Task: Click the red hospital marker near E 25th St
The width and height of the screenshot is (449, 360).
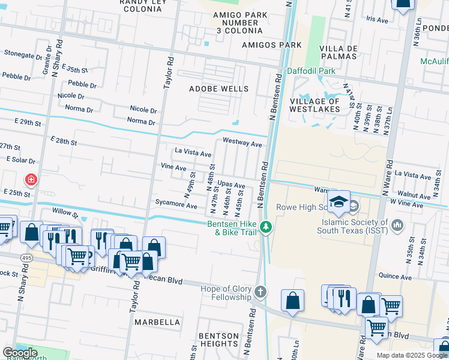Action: point(30,179)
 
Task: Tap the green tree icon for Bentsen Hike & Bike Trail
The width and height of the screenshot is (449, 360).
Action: point(266,227)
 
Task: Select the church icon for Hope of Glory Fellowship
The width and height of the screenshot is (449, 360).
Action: point(260,291)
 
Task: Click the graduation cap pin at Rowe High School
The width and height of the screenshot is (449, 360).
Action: point(339,201)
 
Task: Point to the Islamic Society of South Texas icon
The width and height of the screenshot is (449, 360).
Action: point(397,225)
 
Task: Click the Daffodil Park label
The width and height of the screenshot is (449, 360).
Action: point(311,71)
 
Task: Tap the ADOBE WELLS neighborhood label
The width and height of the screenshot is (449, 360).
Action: point(218,89)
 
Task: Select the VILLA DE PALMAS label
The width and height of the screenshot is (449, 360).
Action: point(339,52)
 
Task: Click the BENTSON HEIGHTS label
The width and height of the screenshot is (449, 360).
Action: point(219,339)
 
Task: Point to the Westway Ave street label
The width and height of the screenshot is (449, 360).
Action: point(243,144)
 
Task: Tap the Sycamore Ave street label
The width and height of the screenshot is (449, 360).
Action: point(176,206)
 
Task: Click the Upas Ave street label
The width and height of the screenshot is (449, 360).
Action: point(231,185)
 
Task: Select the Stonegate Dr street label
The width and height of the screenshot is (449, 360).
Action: point(23,53)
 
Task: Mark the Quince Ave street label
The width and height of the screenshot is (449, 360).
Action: point(394,277)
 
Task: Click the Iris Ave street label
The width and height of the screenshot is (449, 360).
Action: point(378,19)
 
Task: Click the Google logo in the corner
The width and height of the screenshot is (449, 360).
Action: point(20,353)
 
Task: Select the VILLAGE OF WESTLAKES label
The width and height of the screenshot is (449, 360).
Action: point(315,105)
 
